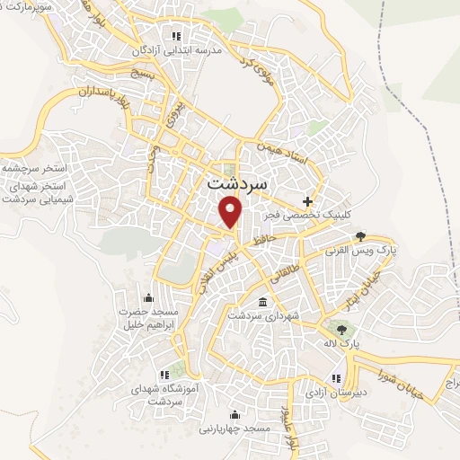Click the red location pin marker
232,211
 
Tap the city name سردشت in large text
237,182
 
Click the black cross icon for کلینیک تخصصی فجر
309,200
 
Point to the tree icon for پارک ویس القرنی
360,237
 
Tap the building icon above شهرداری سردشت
261,302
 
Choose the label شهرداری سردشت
261,316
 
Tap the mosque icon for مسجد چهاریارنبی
234,415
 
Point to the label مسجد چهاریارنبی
234,429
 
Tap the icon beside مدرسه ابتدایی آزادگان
176,36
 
